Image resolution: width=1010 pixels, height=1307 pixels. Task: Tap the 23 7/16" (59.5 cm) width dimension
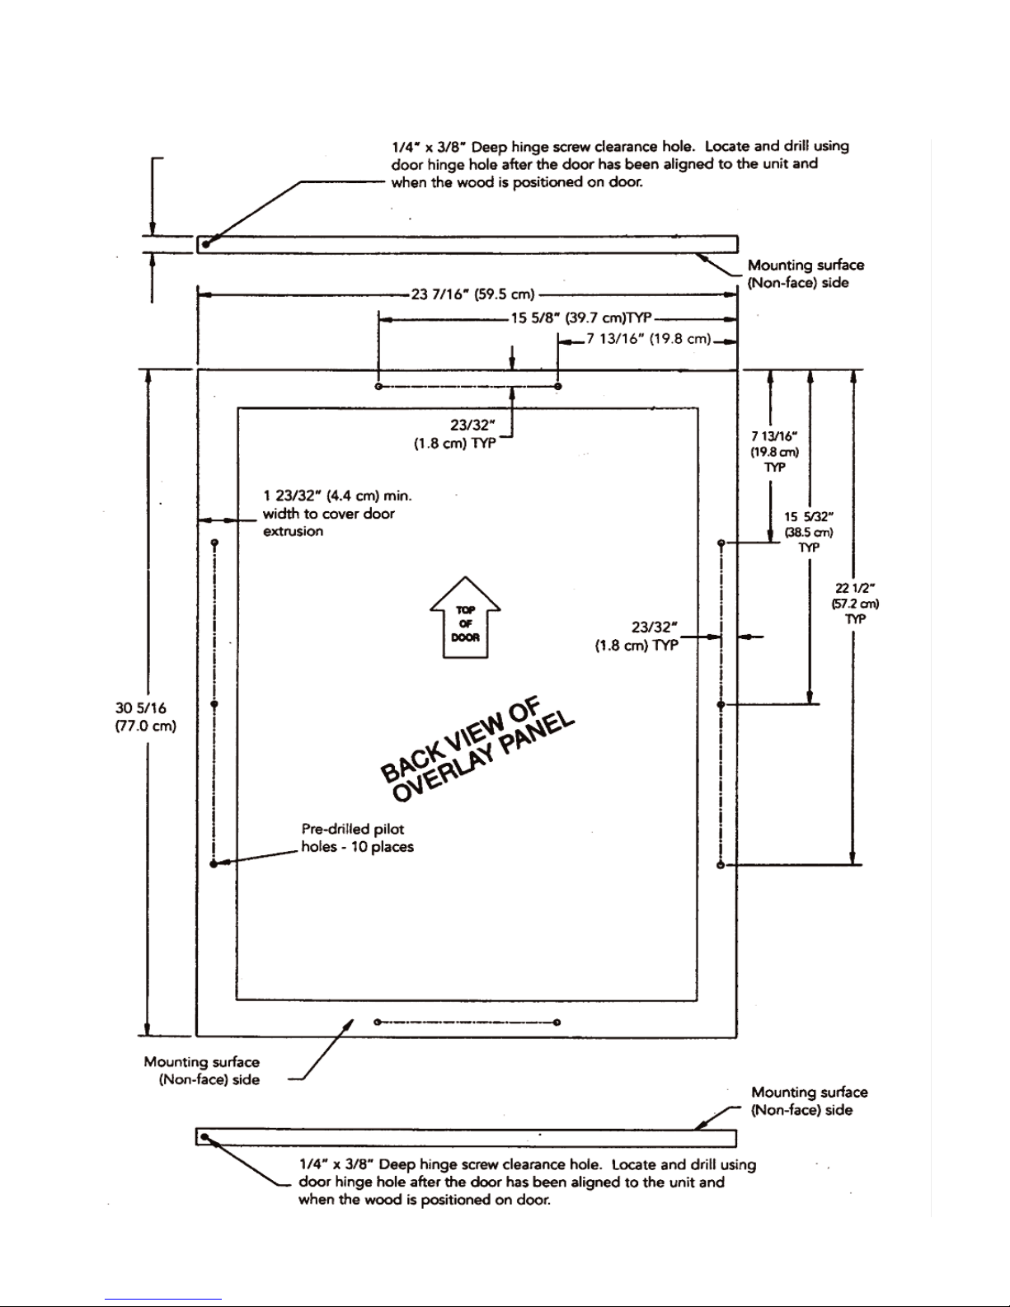(472, 294)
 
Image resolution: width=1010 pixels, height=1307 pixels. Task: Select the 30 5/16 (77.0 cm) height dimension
(145, 717)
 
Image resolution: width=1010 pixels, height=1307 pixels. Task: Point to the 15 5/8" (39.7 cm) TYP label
(581, 317)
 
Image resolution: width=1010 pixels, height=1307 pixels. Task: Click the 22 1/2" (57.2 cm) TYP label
(856, 604)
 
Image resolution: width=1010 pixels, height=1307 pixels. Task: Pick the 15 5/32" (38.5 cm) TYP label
(809, 533)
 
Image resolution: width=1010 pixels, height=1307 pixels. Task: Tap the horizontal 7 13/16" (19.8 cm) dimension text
(649, 339)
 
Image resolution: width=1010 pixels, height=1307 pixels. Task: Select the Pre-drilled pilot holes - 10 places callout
(357, 838)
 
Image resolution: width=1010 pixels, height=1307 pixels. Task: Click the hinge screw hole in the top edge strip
(205, 244)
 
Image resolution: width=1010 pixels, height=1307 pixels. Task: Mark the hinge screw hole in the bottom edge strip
(204, 1137)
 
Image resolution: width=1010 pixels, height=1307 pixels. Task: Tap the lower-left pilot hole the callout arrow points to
(214, 864)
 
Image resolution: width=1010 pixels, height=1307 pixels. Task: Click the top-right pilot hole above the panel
(558, 386)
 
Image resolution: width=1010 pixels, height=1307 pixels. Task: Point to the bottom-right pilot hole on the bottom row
(557, 1022)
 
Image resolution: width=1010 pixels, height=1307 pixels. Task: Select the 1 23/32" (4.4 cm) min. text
(337, 496)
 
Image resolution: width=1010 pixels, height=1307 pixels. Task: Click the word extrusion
(293, 531)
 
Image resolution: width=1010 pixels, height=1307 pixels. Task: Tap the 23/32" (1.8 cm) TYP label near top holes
(455, 435)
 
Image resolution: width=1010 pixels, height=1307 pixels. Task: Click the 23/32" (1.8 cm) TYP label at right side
(637, 637)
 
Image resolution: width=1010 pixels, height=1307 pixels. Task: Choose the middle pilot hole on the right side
(721, 704)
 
